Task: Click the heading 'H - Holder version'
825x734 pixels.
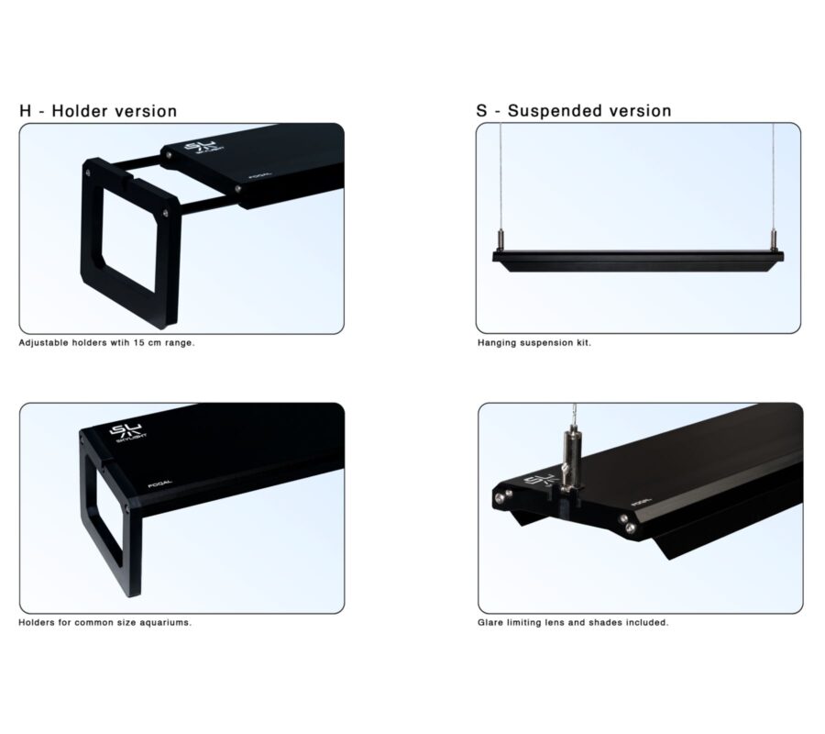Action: coord(98,111)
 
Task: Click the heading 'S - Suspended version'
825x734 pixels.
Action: coord(574,111)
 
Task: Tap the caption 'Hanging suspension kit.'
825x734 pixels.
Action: coord(534,343)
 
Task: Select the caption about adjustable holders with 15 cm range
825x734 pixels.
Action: coord(107,343)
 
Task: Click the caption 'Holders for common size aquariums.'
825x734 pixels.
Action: coord(105,622)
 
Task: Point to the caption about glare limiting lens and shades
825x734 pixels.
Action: coord(573,622)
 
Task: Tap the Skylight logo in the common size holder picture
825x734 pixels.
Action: coord(127,432)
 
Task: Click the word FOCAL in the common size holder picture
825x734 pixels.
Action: coord(159,484)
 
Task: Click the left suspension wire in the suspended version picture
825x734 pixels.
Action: coord(500,177)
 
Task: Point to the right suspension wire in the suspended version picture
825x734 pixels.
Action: coord(774,177)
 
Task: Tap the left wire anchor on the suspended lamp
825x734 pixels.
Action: coord(500,240)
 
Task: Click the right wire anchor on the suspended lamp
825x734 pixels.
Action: coord(774,240)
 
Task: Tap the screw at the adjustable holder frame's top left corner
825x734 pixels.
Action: coord(88,172)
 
